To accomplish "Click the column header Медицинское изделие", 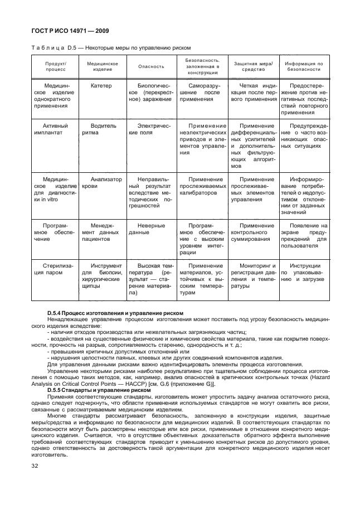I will pyautogui.click(x=102, y=66).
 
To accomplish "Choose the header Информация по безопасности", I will pyautogui.click(x=304, y=66).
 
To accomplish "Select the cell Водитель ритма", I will pyautogui.click(x=101, y=130).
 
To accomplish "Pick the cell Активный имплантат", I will pyautogui.click(x=55, y=130).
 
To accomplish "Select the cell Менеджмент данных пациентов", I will pyautogui.click(x=101, y=229).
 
